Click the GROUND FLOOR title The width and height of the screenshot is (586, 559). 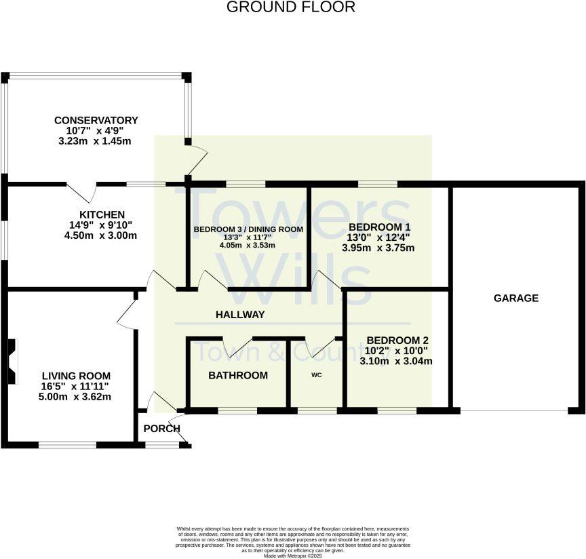click(x=290, y=7)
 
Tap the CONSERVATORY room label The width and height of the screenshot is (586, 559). click(x=96, y=121)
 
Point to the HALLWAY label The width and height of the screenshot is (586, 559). click(x=239, y=315)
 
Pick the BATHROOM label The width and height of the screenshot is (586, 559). click(x=237, y=375)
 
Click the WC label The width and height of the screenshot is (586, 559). click(x=316, y=374)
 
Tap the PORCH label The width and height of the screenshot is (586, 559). click(x=161, y=428)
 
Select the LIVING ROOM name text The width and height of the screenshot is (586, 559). click(x=76, y=376)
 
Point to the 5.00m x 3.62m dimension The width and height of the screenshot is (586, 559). click(x=76, y=397)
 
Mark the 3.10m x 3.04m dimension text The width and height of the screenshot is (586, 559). click(x=396, y=362)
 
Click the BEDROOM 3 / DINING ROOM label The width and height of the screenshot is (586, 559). click(x=248, y=229)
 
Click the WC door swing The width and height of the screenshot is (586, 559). click(x=319, y=347)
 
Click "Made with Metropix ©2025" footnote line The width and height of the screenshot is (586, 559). click(x=292, y=556)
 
